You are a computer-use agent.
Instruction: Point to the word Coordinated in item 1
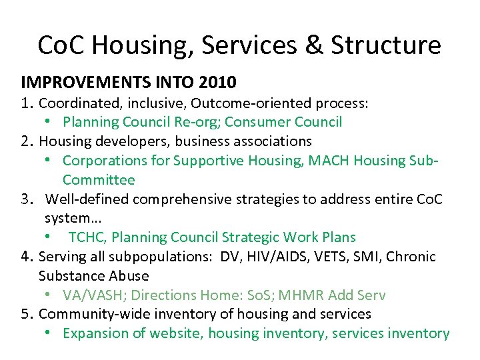click(x=78, y=103)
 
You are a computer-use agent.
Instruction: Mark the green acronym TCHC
click(x=85, y=237)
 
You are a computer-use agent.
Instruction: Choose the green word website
click(x=178, y=333)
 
